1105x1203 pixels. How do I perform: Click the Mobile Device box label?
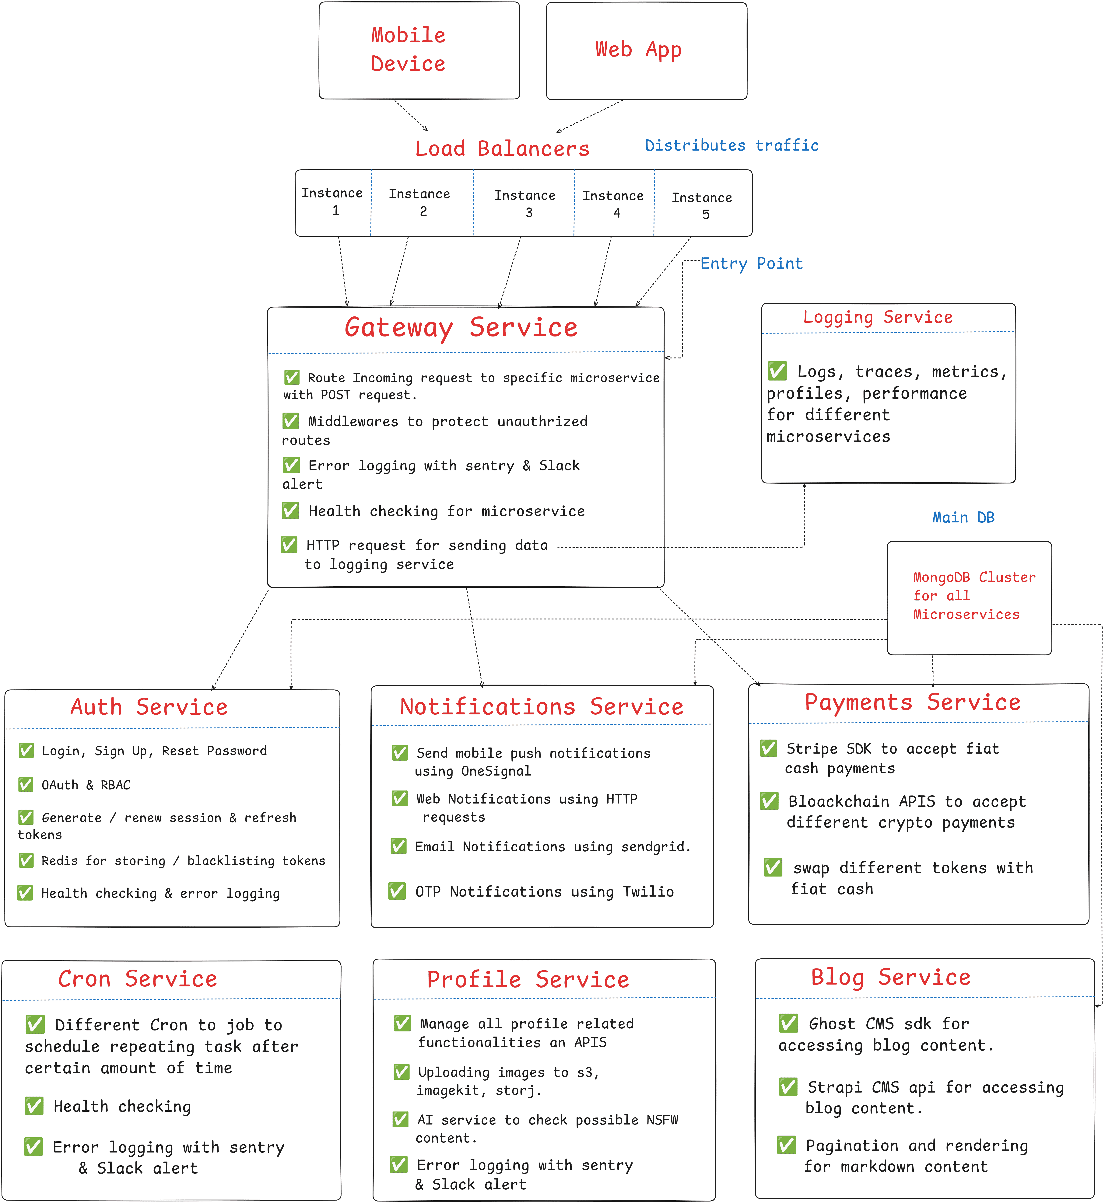coord(408,49)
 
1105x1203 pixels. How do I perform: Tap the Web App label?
coord(638,50)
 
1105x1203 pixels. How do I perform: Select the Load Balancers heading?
coord(502,148)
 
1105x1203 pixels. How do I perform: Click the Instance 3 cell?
coord(524,203)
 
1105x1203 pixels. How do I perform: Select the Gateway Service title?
coord(461,327)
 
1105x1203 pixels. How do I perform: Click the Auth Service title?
coord(149,707)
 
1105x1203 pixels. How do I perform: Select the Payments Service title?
coord(912,702)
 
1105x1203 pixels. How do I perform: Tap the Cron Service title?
coord(138,979)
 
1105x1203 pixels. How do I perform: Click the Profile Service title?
coord(528,979)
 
